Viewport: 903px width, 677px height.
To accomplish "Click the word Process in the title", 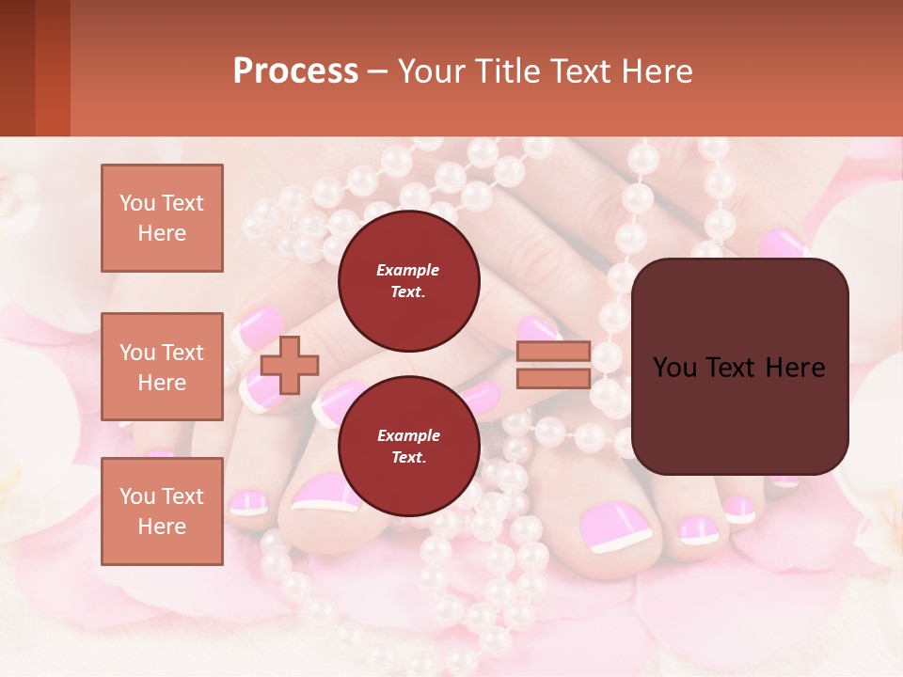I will [x=295, y=71].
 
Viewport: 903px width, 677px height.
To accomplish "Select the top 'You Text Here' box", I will [x=162, y=218].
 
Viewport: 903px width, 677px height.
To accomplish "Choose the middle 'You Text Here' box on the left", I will [x=162, y=367].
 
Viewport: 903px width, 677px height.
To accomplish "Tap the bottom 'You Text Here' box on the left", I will [x=162, y=511].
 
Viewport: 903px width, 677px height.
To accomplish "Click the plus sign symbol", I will [x=289, y=365].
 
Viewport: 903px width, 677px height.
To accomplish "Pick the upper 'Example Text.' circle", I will [x=408, y=281].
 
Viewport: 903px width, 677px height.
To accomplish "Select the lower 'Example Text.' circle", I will [x=408, y=447].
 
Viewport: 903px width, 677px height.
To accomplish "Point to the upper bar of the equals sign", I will [x=553, y=352].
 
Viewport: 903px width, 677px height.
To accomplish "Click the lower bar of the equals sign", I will [x=553, y=378].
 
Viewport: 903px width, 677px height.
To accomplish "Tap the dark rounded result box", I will [x=739, y=367].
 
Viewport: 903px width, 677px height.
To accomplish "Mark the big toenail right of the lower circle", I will [x=614, y=527].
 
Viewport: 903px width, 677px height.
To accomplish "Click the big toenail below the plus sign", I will [x=325, y=493].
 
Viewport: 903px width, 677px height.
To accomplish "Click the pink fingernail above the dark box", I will [x=782, y=244].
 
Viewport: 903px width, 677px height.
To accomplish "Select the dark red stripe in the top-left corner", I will [x=17, y=68].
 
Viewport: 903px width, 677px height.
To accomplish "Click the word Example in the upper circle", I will [x=408, y=270].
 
